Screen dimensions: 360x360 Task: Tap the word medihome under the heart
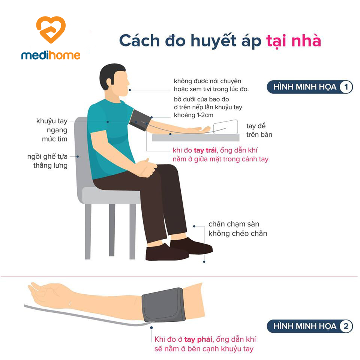pos(51,55)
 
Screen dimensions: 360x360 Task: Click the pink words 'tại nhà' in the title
pos(293,41)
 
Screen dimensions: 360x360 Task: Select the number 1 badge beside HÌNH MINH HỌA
pos(346,87)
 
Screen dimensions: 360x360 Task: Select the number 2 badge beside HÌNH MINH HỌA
pos(346,326)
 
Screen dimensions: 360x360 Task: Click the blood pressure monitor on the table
pos(225,127)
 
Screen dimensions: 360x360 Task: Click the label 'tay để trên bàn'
pos(259,130)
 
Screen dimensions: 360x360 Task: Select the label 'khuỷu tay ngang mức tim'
pos(52,130)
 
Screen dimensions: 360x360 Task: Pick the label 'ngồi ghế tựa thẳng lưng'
pos(48,161)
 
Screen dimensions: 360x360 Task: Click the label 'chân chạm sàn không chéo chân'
pos(238,229)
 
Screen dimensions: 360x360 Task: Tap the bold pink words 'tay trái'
pos(205,150)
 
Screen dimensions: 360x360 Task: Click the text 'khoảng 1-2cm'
pos(193,115)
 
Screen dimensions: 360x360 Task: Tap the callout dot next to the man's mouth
pos(130,90)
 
